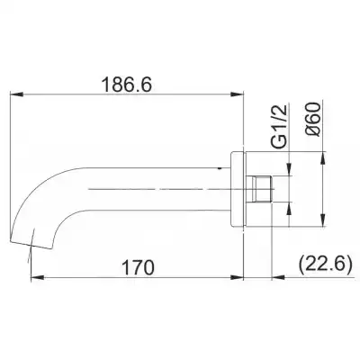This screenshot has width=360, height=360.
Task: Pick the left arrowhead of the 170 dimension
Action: point(33,276)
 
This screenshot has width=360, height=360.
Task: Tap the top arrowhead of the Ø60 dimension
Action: point(320,155)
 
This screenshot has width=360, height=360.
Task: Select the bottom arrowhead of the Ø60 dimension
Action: point(320,224)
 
